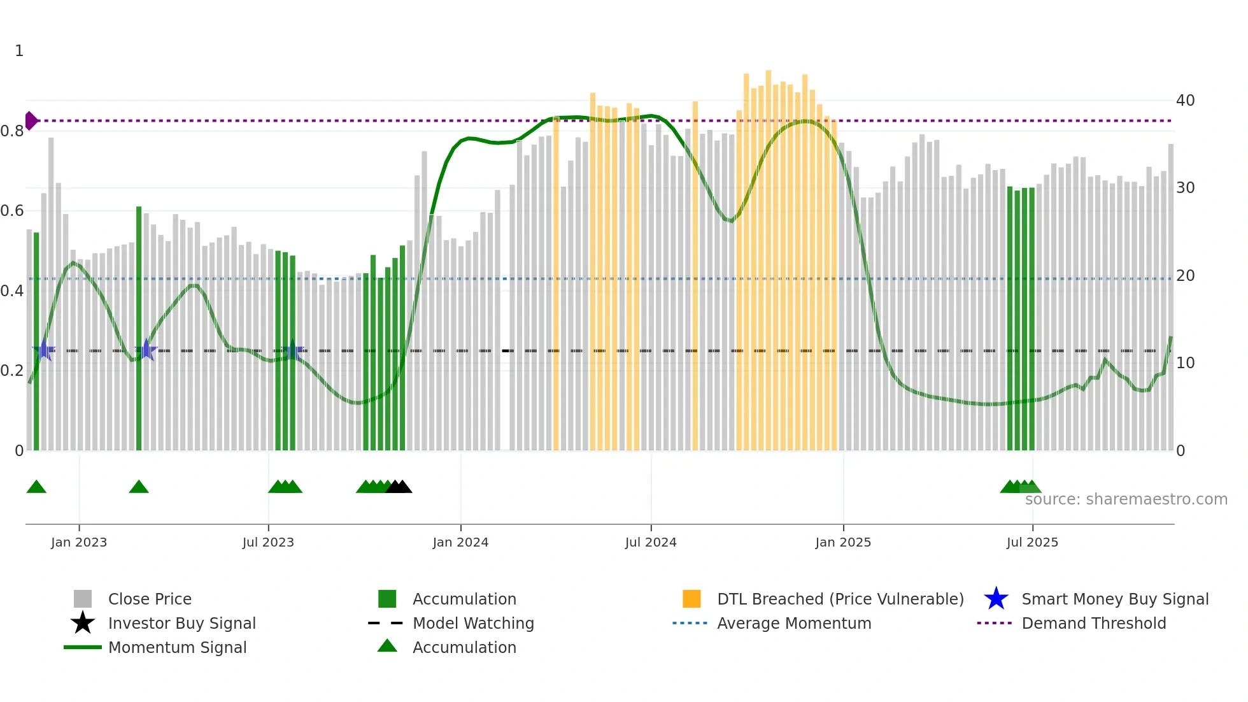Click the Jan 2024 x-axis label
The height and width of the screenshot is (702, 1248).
(x=460, y=542)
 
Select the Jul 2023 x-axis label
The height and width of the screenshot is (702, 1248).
(x=268, y=542)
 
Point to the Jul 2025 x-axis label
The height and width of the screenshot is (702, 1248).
(x=1032, y=542)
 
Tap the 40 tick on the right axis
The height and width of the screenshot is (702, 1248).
(x=1185, y=101)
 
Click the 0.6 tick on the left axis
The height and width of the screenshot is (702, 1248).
(x=12, y=211)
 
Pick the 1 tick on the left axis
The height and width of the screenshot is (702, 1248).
(x=19, y=51)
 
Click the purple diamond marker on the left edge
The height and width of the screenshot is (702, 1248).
(x=31, y=120)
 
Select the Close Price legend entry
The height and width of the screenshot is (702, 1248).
(x=150, y=599)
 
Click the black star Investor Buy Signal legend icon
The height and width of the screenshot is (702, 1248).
(x=83, y=623)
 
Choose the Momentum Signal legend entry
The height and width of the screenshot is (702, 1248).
(x=177, y=647)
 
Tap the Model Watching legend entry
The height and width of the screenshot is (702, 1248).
(x=473, y=623)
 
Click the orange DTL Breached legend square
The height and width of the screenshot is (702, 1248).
(x=691, y=599)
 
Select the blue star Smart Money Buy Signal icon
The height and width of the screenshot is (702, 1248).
(x=996, y=599)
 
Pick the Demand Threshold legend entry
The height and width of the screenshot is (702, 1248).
(x=1093, y=623)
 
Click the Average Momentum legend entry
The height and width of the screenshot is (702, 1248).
(x=793, y=623)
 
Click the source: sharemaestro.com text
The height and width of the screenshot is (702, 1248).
(x=1126, y=499)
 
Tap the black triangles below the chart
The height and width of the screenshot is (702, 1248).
(x=399, y=487)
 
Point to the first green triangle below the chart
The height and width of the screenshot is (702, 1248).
(x=36, y=487)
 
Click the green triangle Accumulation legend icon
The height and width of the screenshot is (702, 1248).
(x=387, y=646)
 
